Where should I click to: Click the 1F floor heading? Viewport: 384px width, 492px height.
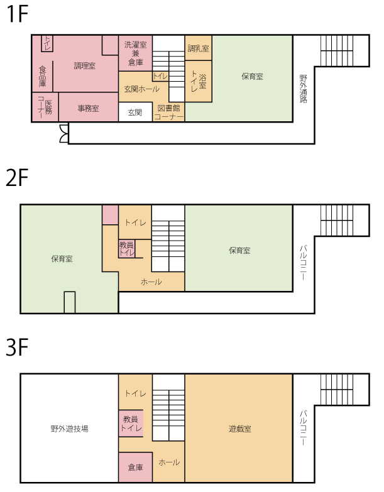(18, 14)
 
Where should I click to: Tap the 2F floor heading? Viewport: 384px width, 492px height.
(18, 178)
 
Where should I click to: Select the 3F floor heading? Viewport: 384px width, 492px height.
(18, 347)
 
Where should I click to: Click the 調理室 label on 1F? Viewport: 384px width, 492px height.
(85, 66)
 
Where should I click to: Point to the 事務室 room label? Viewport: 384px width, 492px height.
(89, 109)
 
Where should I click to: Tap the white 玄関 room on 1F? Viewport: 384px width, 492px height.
(135, 112)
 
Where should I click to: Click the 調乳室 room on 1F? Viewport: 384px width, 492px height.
(198, 48)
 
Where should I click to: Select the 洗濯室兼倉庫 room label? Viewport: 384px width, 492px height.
(136, 53)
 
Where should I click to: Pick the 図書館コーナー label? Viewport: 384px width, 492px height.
(169, 112)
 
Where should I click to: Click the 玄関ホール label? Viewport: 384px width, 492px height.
(142, 89)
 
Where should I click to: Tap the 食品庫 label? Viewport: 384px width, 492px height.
(43, 76)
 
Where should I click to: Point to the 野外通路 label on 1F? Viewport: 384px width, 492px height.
(304, 89)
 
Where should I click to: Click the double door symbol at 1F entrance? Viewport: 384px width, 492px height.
(64, 134)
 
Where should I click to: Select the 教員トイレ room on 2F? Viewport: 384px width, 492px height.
(127, 249)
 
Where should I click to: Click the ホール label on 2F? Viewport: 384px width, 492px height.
(151, 282)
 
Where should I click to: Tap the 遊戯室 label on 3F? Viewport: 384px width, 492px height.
(240, 429)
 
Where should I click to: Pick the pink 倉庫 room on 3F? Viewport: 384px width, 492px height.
(136, 467)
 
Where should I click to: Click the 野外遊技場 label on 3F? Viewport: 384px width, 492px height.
(70, 429)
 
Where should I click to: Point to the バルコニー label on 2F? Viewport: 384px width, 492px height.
(304, 263)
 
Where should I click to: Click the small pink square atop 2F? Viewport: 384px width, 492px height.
(111, 215)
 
